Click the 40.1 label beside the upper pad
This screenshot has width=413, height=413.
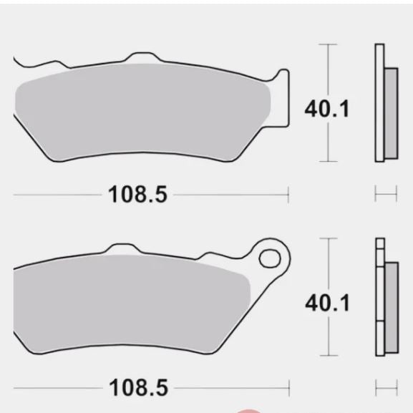327,110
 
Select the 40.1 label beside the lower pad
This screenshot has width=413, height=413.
328,303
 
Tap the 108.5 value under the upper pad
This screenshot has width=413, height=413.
137,194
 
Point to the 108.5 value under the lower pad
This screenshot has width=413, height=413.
138,388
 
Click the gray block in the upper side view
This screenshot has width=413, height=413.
390,113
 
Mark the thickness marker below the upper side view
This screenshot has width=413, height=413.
386,194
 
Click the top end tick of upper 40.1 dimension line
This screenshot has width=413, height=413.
328,44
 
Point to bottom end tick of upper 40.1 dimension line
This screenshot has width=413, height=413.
328,162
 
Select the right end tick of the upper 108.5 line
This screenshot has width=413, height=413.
288,194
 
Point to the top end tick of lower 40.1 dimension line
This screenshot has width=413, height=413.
329,238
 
